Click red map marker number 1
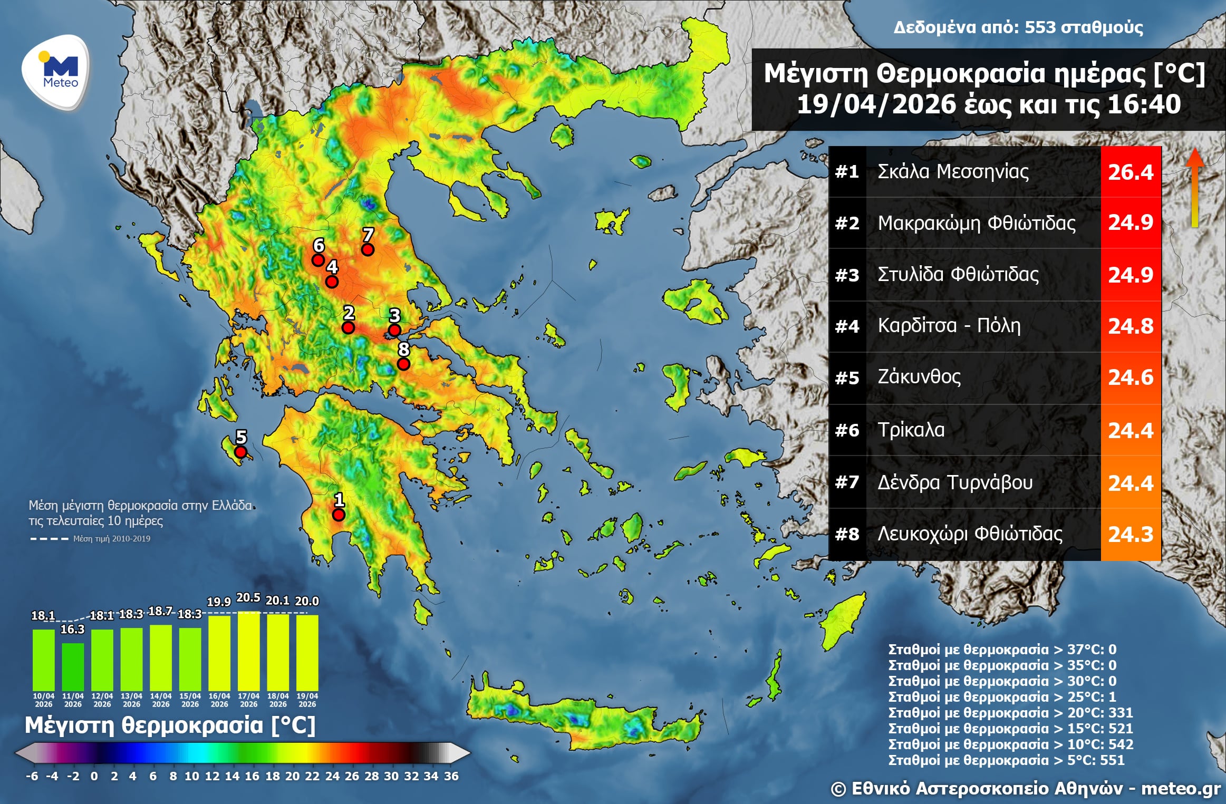tap(339, 514)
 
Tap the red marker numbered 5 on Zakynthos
tap(240, 452)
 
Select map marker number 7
tap(368, 249)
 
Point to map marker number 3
tap(394, 331)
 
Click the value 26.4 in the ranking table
tap(1131, 172)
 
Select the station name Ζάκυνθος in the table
tap(919, 377)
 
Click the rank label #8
tap(847, 535)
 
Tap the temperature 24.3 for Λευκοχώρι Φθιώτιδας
tap(1131, 535)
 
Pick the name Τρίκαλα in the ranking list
tap(911, 430)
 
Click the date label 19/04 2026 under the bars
tap(307, 700)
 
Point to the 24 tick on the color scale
tap(332, 776)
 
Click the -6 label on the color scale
tap(32, 776)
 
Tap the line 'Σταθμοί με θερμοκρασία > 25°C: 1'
tap(1002, 697)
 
